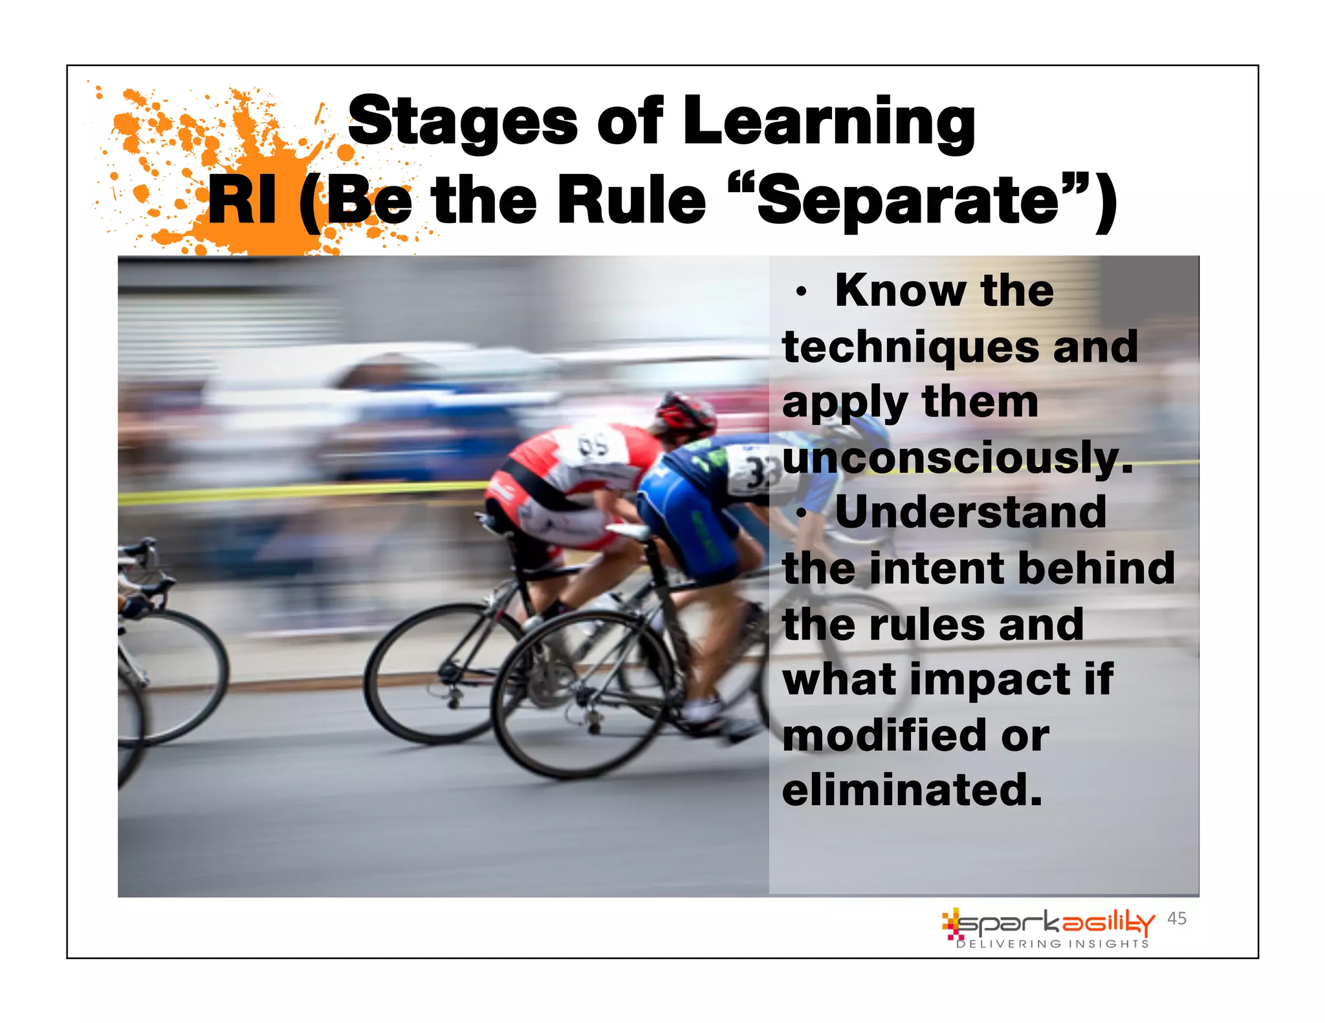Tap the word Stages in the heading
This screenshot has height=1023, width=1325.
click(x=463, y=121)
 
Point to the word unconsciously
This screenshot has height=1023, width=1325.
click(x=958, y=458)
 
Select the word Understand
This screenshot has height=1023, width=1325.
click(x=970, y=512)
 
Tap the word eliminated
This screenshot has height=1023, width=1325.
click(x=912, y=790)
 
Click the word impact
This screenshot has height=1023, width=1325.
click(x=990, y=680)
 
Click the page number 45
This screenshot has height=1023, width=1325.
click(x=1176, y=918)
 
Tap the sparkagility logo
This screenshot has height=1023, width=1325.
click(x=1048, y=923)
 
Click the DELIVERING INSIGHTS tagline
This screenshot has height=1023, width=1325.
click(x=1053, y=944)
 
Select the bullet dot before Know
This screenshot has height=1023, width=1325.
click(x=802, y=292)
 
